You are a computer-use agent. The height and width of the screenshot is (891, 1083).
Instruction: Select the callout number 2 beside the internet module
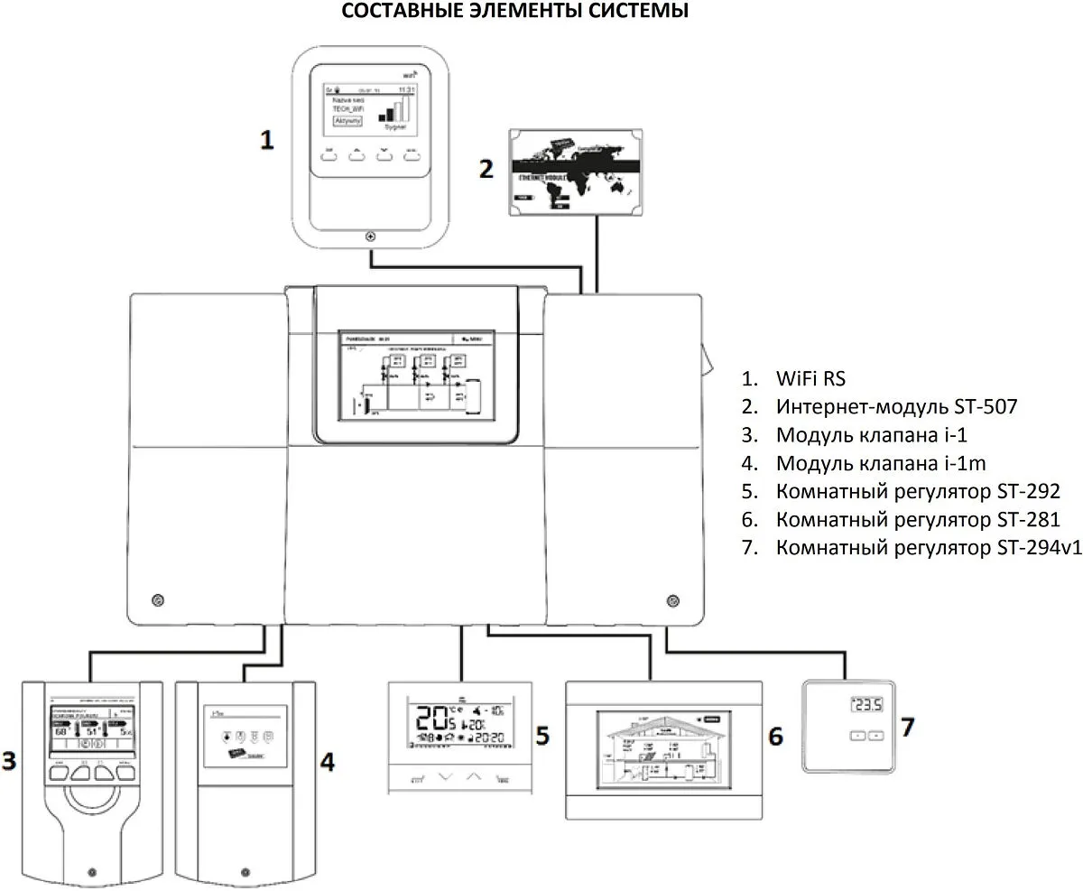click(x=486, y=169)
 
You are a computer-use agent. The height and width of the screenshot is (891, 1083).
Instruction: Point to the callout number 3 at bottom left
click(x=9, y=761)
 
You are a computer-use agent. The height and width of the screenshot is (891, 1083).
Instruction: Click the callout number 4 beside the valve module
click(x=328, y=763)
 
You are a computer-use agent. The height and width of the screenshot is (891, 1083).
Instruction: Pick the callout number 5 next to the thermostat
click(x=541, y=735)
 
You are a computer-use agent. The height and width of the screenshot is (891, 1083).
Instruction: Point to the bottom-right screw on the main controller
click(x=671, y=600)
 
